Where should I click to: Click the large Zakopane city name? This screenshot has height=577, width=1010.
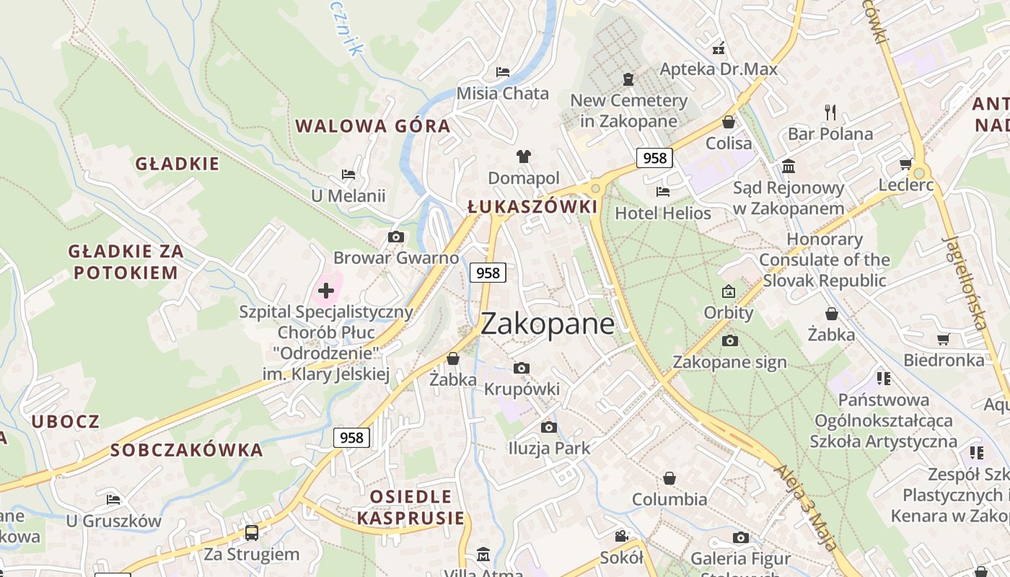pyautogui.click(x=548, y=324)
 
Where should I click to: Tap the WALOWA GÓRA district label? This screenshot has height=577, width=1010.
pyautogui.click(x=373, y=126)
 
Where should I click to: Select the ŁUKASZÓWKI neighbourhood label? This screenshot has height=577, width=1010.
pyautogui.click(x=532, y=207)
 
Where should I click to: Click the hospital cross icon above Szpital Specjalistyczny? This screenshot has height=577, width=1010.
pyautogui.click(x=326, y=291)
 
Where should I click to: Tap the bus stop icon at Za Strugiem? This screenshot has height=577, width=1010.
pyautogui.click(x=251, y=533)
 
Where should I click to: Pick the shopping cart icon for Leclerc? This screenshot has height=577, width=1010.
pyautogui.click(x=906, y=164)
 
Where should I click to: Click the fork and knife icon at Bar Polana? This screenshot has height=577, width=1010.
pyautogui.click(x=830, y=112)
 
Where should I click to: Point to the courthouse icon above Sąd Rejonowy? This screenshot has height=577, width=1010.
pyautogui.click(x=789, y=167)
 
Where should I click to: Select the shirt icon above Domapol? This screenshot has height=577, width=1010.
pyautogui.click(x=524, y=157)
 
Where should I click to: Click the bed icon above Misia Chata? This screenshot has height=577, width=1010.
pyautogui.click(x=503, y=71)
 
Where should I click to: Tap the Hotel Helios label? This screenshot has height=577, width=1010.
pyautogui.click(x=663, y=213)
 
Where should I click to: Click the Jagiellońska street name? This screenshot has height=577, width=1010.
pyautogui.click(x=965, y=283)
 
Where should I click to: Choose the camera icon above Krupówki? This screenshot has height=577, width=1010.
pyautogui.click(x=522, y=369)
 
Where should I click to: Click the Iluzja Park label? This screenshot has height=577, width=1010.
pyautogui.click(x=549, y=448)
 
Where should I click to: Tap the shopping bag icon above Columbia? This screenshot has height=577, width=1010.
pyautogui.click(x=669, y=478)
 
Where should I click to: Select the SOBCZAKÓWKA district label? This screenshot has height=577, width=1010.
pyautogui.click(x=187, y=451)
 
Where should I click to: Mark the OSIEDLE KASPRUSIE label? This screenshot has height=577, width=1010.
pyautogui.click(x=410, y=507)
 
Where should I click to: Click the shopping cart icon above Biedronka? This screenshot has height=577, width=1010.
pyautogui.click(x=943, y=339)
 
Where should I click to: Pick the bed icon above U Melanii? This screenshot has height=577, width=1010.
pyautogui.click(x=348, y=175)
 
